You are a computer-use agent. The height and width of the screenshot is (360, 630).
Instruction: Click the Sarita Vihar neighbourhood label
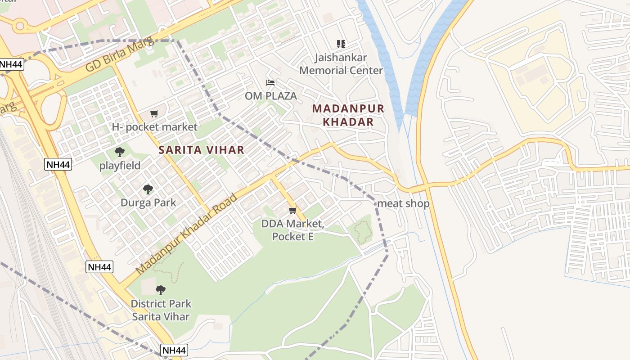tap(201, 150)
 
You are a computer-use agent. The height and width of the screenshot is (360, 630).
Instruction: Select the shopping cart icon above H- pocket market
tap(154, 113)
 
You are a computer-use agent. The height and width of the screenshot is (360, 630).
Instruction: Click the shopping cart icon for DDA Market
tap(293, 210)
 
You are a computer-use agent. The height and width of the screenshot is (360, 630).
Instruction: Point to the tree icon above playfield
tap(120, 152)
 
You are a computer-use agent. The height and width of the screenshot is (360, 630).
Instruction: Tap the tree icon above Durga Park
tap(148, 189)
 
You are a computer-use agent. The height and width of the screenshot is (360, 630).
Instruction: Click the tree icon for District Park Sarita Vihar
tap(161, 290)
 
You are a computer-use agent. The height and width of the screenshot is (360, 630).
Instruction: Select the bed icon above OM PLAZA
tap(270, 82)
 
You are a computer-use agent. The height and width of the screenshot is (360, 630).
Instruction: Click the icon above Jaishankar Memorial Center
tap(341, 44)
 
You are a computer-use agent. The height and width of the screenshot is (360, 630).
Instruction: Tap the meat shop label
tap(404, 203)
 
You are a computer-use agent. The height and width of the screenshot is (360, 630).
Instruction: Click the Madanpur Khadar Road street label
tap(186, 234)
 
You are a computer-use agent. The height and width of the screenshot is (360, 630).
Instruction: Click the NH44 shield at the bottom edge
tap(174, 350)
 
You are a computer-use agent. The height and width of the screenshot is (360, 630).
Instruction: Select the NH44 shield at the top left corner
tap(10, 64)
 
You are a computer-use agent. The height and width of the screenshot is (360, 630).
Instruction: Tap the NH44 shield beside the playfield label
tap(58, 164)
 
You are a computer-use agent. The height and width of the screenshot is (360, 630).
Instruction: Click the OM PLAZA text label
tap(271, 96)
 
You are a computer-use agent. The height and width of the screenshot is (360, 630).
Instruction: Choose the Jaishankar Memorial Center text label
tap(341, 64)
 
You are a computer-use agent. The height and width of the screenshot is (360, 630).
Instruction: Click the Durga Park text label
tap(148, 202)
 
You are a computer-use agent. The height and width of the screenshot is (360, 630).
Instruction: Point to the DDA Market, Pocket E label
tap(293, 229)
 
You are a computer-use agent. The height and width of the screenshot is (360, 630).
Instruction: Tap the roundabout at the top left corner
tap(20, 26)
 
